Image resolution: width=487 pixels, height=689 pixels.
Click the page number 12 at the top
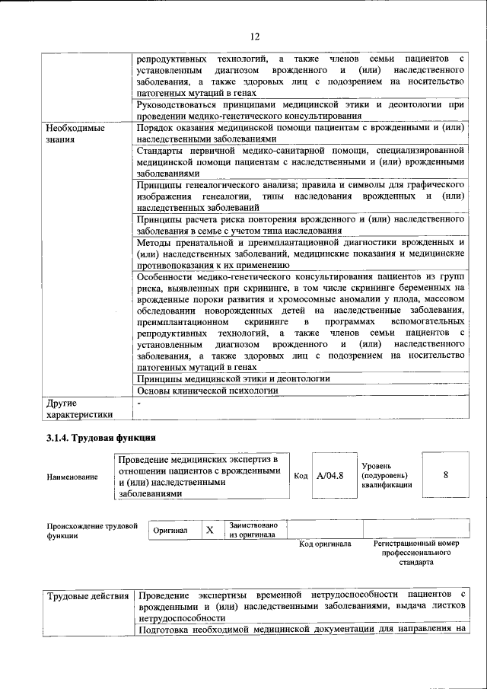(254, 36)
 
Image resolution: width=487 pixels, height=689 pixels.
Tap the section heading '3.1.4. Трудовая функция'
(100, 438)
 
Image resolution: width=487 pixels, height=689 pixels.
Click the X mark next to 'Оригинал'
(208, 530)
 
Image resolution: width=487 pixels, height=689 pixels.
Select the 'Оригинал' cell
(170, 531)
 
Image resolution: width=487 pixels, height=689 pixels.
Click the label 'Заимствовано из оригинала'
(253, 530)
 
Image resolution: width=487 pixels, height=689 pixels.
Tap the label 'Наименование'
(72, 477)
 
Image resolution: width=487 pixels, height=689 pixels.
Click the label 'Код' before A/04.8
(301, 476)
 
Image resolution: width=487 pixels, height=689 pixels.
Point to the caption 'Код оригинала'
(325, 544)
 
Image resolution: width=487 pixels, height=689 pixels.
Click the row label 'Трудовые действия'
(86, 594)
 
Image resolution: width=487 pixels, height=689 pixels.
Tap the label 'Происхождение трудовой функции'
(92, 530)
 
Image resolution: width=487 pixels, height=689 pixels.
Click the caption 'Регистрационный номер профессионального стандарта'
(417, 553)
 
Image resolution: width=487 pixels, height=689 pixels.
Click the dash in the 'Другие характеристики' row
(139, 401)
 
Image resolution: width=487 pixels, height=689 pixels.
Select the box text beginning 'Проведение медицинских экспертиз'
(199, 477)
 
